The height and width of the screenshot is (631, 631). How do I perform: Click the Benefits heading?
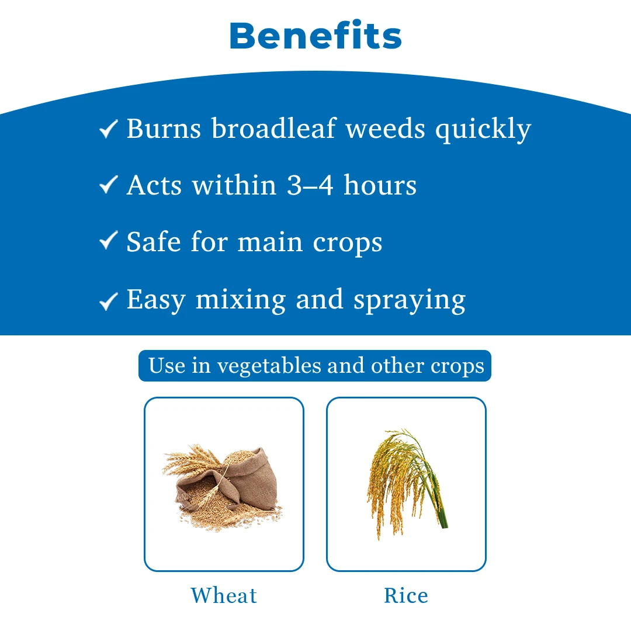click(x=315, y=36)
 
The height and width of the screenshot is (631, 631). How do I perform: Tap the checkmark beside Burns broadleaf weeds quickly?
click(x=108, y=129)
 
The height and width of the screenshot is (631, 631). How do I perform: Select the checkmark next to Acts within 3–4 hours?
click(x=108, y=185)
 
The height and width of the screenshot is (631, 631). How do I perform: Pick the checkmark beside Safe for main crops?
click(x=108, y=240)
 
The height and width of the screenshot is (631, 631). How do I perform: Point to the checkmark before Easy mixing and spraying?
click(x=108, y=301)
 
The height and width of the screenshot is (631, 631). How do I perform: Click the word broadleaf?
click(x=273, y=129)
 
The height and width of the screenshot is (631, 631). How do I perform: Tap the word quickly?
click(x=483, y=130)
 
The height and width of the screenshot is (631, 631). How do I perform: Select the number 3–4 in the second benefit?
click(x=310, y=185)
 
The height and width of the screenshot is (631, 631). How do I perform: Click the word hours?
click(x=380, y=185)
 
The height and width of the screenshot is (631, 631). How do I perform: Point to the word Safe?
click(x=154, y=241)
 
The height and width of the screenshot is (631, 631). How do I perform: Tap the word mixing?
click(x=241, y=300)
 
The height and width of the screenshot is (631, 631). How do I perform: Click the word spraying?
click(x=409, y=301)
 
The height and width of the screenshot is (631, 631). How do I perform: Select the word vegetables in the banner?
click(x=269, y=366)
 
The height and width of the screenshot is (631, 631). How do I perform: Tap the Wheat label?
click(x=224, y=595)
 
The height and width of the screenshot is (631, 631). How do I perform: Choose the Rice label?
click(x=406, y=595)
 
